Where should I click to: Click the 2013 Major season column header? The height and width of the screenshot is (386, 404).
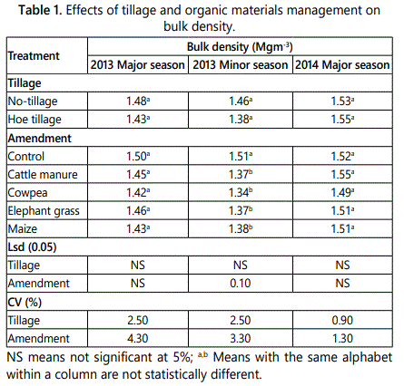[138, 65]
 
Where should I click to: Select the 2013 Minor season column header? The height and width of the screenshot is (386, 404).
[241, 65]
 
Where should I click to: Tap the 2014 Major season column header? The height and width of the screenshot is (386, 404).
[342, 65]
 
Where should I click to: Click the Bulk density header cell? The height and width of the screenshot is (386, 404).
[240, 47]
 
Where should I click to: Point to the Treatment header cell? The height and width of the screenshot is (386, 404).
[34, 56]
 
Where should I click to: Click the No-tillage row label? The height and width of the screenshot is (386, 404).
[33, 101]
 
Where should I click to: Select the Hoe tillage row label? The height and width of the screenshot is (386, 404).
[34, 120]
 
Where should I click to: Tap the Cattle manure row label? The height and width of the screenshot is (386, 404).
[43, 175]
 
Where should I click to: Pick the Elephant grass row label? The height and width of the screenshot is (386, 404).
[44, 211]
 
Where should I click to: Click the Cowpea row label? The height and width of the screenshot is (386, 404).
[27, 193]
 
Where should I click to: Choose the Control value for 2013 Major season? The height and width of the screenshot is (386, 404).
[138, 157]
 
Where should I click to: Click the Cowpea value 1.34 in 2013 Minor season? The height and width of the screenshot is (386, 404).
[241, 193]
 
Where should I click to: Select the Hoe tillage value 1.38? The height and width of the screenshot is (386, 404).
[241, 120]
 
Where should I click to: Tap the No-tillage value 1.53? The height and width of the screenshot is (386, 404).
[342, 101]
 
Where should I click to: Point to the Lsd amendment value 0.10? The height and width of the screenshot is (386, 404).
[241, 284]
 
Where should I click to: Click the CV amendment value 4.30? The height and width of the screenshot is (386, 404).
[138, 339]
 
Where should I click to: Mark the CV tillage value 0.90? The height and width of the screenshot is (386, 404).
[342, 321]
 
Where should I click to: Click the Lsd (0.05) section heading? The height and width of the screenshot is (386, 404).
[32, 247]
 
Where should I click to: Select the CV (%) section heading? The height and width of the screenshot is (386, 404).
[25, 303]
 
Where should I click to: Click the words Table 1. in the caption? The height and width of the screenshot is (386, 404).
[40, 10]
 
